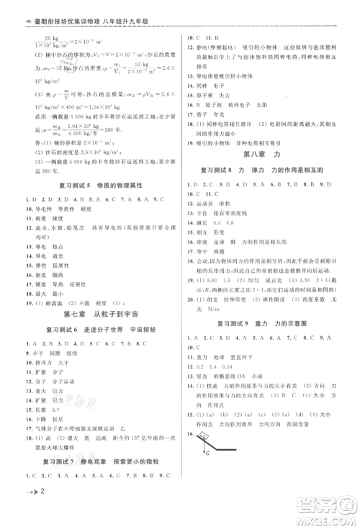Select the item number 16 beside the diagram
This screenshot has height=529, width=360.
coord(189,455)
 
